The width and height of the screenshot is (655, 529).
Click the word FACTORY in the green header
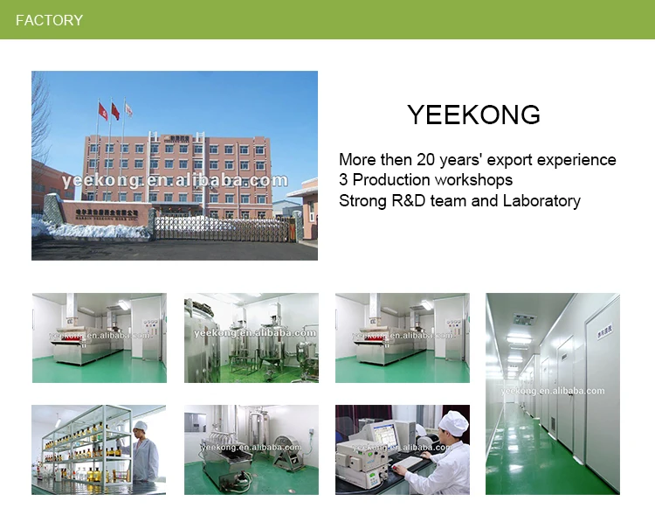(x=50, y=20)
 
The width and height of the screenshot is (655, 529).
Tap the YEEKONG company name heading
(x=473, y=115)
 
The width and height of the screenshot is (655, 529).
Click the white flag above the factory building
(x=128, y=109)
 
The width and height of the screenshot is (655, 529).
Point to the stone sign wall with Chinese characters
(x=96, y=212)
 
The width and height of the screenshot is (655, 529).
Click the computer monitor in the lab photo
(x=383, y=435)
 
